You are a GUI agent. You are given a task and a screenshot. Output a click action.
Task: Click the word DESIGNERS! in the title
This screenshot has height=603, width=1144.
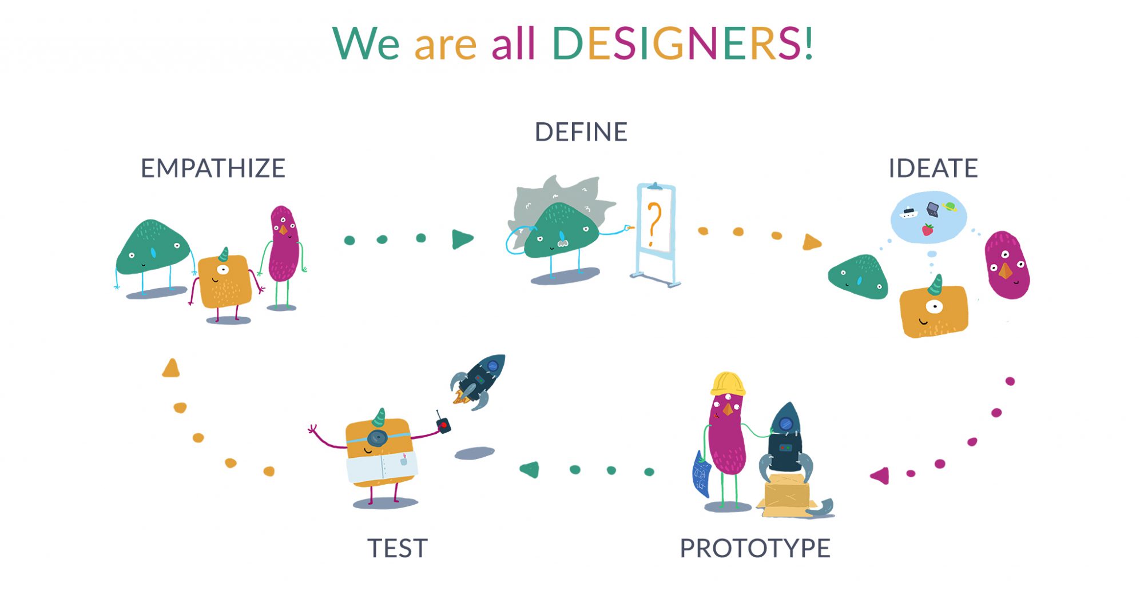pyautogui.click(x=682, y=43)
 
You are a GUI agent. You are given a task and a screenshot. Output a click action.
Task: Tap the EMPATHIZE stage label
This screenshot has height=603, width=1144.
pyautogui.click(x=213, y=168)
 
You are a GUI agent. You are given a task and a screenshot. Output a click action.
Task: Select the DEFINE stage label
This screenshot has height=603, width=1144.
pyautogui.click(x=581, y=132)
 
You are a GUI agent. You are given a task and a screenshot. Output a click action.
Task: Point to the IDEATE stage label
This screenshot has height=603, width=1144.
pyautogui.click(x=933, y=168)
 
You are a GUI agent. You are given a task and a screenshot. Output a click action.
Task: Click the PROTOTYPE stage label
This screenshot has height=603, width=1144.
pyautogui.click(x=755, y=548)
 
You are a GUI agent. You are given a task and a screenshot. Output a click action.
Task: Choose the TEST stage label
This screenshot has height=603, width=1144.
pyautogui.click(x=397, y=548)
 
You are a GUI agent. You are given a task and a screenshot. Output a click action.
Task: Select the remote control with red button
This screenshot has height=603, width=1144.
pyautogui.click(x=443, y=424)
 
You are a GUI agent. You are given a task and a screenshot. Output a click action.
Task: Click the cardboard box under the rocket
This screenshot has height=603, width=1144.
pyautogui.click(x=788, y=493)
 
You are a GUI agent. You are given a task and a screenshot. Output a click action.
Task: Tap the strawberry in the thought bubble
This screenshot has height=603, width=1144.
pyautogui.click(x=927, y=230)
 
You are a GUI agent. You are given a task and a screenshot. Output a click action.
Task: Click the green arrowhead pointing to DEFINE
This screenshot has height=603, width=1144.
pyautogui.click(x=462, y=239)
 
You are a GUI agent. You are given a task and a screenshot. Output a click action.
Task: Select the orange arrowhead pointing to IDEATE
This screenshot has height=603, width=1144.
pyautogui.click(x=812, y=242)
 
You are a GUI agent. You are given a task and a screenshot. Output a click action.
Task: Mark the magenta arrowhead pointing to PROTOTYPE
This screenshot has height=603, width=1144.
pyautogui.click(x=880, y=476)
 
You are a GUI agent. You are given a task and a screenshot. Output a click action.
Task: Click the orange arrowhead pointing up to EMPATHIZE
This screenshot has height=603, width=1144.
pyautogui.click(x=171, y=368)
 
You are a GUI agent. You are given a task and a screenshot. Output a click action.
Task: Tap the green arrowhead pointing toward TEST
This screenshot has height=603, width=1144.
pyautogui.click(x=530, y=470)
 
